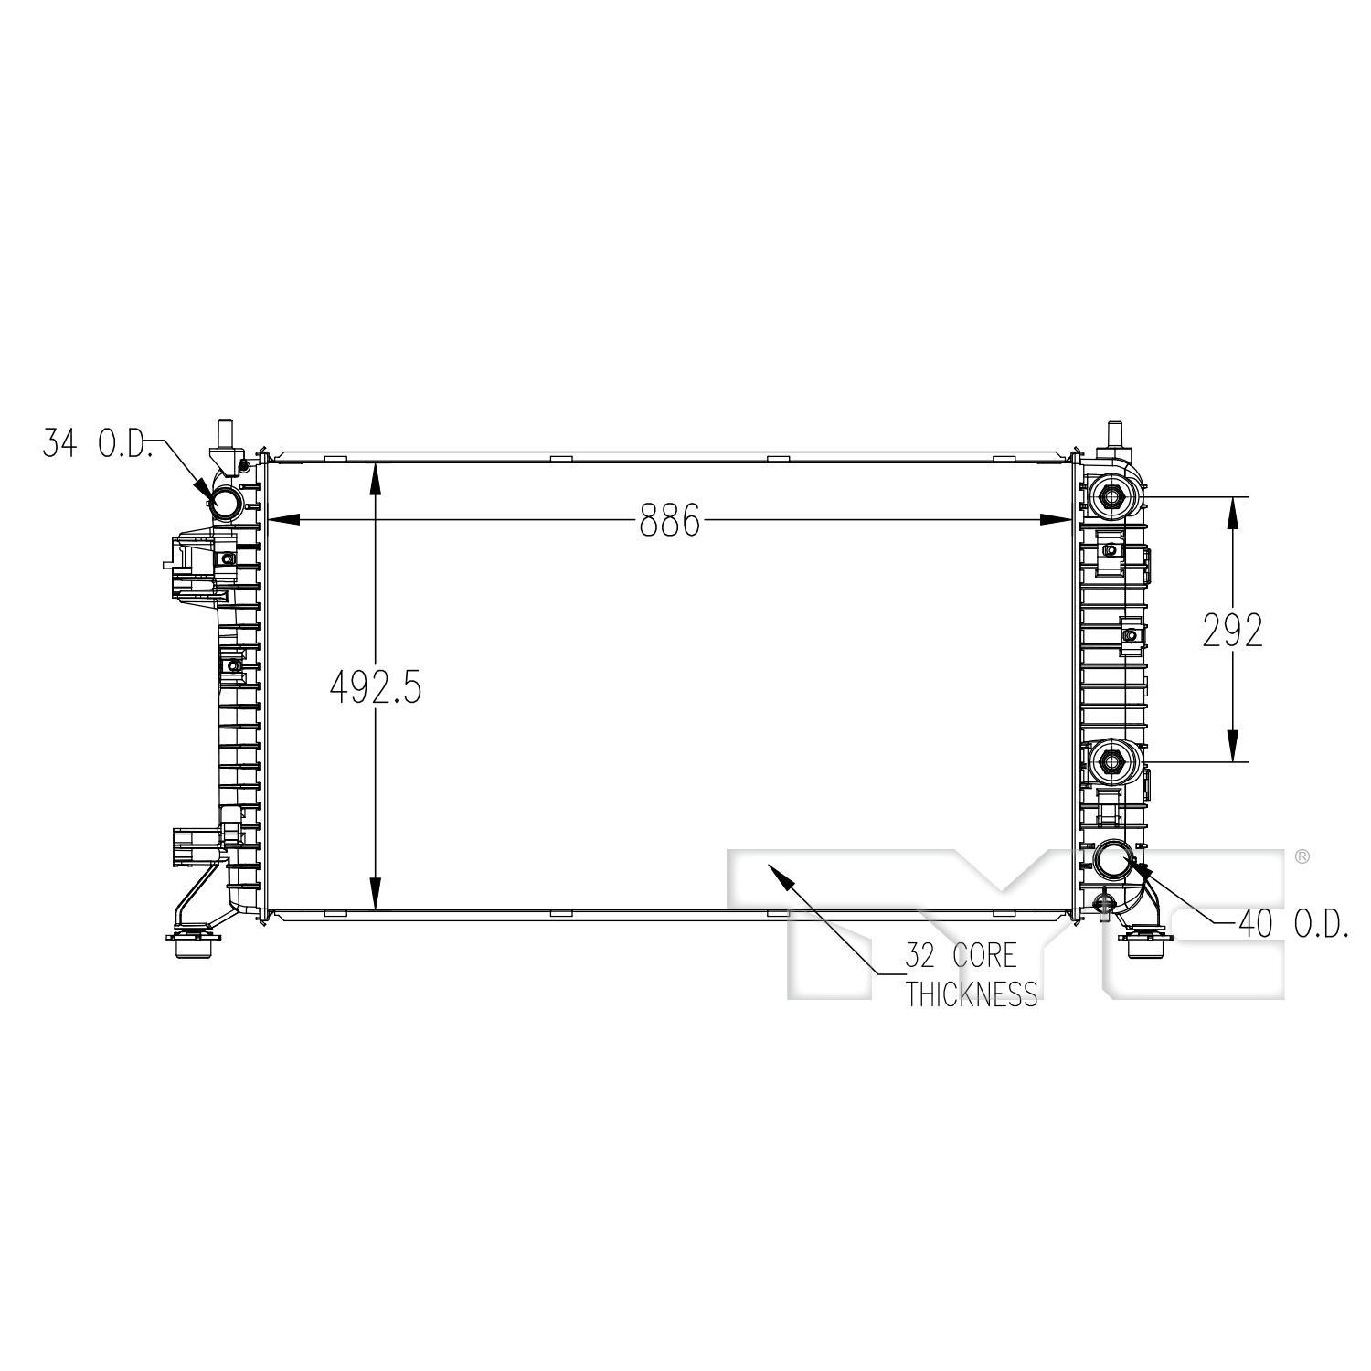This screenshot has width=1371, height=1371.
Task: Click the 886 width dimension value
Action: coord(669,520)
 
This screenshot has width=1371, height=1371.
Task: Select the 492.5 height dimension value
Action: coord(375,686)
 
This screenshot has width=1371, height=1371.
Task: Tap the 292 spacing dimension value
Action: coord(1232,631)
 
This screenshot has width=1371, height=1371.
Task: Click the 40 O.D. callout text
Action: coord(1293,925)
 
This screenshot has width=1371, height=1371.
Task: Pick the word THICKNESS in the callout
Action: coord(972,993)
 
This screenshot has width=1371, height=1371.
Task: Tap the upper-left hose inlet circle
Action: coord(226,501)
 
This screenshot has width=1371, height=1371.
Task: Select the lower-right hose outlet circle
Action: coord(1115,858)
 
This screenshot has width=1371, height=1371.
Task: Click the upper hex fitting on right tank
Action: coord(1112,496)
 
